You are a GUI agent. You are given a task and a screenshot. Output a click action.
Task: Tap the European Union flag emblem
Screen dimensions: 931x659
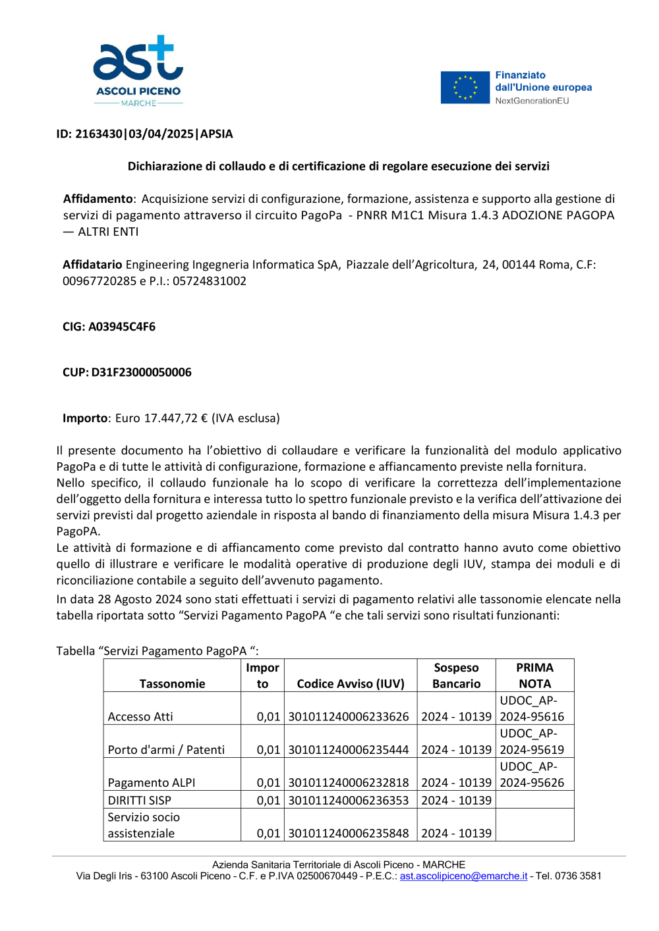pos(465,88)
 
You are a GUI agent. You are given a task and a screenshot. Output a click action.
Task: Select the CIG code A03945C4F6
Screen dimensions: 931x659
pos(122,327)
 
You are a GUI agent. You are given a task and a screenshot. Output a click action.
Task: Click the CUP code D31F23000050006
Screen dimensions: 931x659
pos(141,372)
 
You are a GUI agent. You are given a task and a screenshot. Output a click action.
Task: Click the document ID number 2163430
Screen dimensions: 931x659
pos(99,134)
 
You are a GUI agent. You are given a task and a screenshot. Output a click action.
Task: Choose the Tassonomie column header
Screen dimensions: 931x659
pos(172,683)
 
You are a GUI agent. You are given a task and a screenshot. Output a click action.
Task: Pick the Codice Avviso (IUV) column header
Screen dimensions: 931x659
pos(351,683)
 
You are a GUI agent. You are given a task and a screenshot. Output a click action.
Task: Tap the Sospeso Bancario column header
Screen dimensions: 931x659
pos(456,676)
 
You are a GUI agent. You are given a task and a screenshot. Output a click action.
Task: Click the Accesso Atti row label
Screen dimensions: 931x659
pos(140,716)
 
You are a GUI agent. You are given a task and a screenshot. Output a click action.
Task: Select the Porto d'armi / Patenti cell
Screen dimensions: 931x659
pos(166,749)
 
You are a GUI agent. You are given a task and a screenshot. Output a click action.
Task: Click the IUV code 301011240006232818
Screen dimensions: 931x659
pos(349,782)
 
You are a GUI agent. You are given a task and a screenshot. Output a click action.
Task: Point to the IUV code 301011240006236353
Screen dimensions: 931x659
pos(349,800)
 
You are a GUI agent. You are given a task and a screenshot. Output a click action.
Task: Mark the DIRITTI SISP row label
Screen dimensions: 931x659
pos(140,800)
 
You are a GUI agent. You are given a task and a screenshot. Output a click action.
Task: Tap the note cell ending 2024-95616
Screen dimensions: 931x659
pos(532,708)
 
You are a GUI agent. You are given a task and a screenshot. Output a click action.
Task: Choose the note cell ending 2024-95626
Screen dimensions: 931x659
pos(532,774)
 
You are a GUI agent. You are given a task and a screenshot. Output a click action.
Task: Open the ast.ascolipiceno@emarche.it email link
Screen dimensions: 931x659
pos(463,876)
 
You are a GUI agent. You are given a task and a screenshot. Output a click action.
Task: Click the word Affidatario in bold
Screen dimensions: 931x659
pos(92,265)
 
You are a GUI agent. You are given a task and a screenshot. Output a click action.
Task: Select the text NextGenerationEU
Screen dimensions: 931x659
pos(532,101)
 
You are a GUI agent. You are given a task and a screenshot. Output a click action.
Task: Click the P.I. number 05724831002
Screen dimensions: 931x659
pos(210,281)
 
